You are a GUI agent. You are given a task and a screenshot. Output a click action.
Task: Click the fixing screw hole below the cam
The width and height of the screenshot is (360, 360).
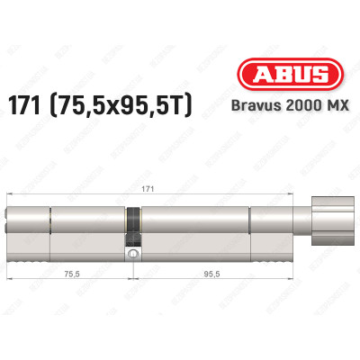point(133,257)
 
